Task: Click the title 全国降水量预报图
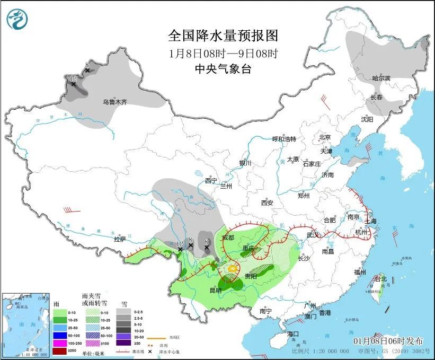pos(223,36)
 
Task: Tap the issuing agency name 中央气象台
pos(223,68)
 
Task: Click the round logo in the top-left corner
pos(17,20)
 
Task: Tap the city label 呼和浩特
pos(284,139)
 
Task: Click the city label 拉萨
pos(120,239)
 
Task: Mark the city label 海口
pos(293,334)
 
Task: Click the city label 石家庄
pos(312,164)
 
